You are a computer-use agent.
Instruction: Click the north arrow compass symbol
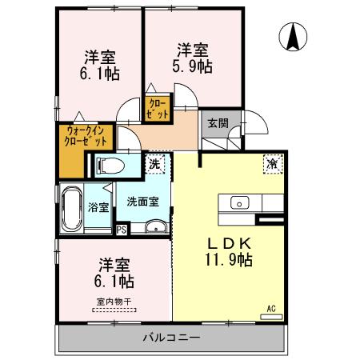[294, 36]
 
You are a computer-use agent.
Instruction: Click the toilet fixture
[110, 166]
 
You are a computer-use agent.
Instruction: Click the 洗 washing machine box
[155, 163]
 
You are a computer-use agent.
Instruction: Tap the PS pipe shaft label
[122, 230]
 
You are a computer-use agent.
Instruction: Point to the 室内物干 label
[113, 302]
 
